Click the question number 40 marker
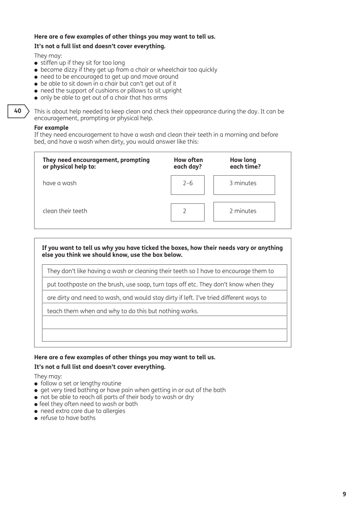[x=18, y=111]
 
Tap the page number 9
[x=344, y=494]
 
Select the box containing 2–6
[x=188, y=185]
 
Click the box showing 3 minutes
[x=244, y=185]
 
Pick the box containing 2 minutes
[x=244, y=211]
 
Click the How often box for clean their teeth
[x=188, y=212]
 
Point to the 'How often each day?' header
[x=188, y=163]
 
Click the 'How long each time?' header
[x=245, y=163]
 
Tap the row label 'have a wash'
[x=59, y=183]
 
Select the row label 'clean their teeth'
[x=65, y=211]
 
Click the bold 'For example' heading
[x=51, y=128]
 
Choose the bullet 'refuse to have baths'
[x=68, y=418]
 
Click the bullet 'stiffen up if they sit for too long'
[x=82, y=63]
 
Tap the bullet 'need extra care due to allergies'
[x=83, y=411]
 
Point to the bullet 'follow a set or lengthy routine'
[x=81, y=383]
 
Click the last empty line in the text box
[x=164, y=335]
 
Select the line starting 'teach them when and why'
[x=123, y=311]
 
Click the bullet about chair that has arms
[x=103, y=97]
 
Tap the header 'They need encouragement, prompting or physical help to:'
[x=96, y=163]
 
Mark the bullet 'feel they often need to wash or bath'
[x=88, y=404]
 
